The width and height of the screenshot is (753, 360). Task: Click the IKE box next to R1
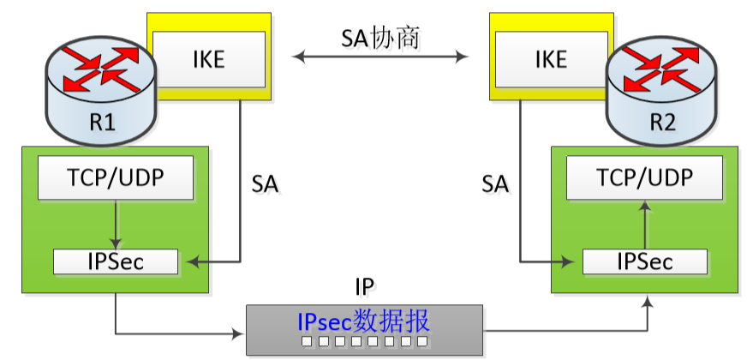pos(209,57)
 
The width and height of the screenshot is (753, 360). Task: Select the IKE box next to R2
pos(551,57)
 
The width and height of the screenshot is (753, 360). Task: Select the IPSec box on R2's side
pos(644,261)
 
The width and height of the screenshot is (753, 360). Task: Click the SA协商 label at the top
pos(380,38)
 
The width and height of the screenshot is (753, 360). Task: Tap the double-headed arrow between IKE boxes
pos(380,57)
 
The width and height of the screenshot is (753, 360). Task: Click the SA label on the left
pos(265,183)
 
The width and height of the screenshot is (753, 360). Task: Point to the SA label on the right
pos(495,183)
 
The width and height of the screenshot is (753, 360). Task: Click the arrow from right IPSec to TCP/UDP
pos(644,225)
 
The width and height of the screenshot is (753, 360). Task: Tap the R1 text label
pos(102,122)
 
